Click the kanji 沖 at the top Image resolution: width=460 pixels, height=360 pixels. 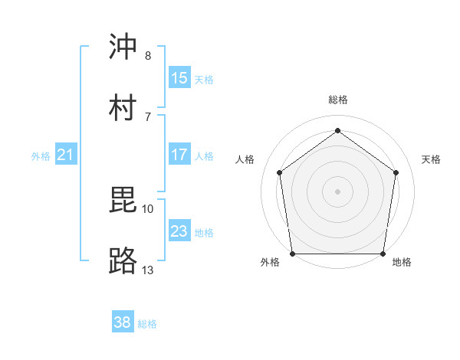(x=123, y=47)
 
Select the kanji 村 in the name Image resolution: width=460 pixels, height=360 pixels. (x=123, y=107)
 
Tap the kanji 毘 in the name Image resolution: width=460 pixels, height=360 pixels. (x=123, y=201)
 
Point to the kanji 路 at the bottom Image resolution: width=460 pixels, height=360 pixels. (x=123, y=261)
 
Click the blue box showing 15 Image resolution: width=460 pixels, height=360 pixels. (x=179, y=77)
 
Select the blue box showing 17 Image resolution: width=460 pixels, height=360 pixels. (x=179, y=155)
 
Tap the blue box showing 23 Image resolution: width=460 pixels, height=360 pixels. (x=179, y=231)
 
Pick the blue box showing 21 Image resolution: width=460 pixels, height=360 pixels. (x=66, y=155)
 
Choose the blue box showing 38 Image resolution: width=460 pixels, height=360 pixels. (x=123, y=322)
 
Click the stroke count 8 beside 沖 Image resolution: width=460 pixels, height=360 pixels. (x=148, y=56)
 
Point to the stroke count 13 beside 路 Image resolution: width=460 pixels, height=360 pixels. (x=148, y=270)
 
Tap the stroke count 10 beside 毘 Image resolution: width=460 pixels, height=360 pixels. (x=148, y=208)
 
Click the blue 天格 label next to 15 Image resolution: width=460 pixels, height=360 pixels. (x=204, y=79)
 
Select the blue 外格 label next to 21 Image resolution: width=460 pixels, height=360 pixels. (x=41, y=156)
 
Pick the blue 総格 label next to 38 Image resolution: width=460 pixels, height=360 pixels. (x=147, y=324)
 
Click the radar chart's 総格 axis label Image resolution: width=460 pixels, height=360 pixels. (x=338, y=100)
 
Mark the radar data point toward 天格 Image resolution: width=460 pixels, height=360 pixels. (x=396, y=172)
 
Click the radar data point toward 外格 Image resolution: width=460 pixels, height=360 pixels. (x=293, y=254)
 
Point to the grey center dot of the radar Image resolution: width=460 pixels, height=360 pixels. (x=338, y=191)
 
